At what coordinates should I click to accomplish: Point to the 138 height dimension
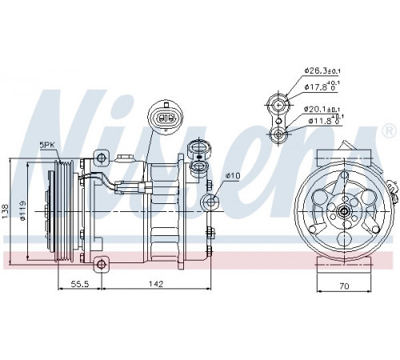point(6,211)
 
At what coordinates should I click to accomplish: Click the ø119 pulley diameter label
point(22,210)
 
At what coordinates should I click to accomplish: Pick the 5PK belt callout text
point(47,146)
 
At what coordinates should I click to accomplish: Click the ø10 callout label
point(233,176)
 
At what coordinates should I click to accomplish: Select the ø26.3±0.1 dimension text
point(322,71)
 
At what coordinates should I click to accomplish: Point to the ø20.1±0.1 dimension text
point(322,109)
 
